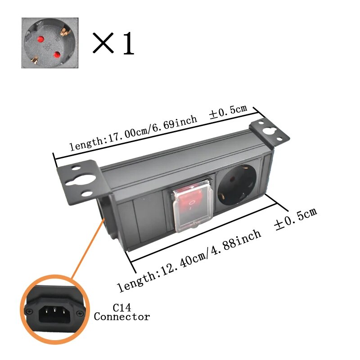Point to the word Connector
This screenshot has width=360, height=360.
pos(122,317)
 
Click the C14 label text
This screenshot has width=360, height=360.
pos(122,307)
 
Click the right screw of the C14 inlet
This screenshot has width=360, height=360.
pos(80,313)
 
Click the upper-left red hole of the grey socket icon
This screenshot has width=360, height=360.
pos(41,39)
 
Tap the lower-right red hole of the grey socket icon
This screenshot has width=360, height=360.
pos(57,55)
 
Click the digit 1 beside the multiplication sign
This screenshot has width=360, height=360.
pos(129,43)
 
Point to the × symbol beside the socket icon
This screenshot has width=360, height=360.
pos(103,43)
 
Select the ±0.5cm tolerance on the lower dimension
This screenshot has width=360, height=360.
pos(296,219)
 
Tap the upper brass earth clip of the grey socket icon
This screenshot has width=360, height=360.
pos(64,32)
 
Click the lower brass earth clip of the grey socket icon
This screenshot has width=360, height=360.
pos(35,60)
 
